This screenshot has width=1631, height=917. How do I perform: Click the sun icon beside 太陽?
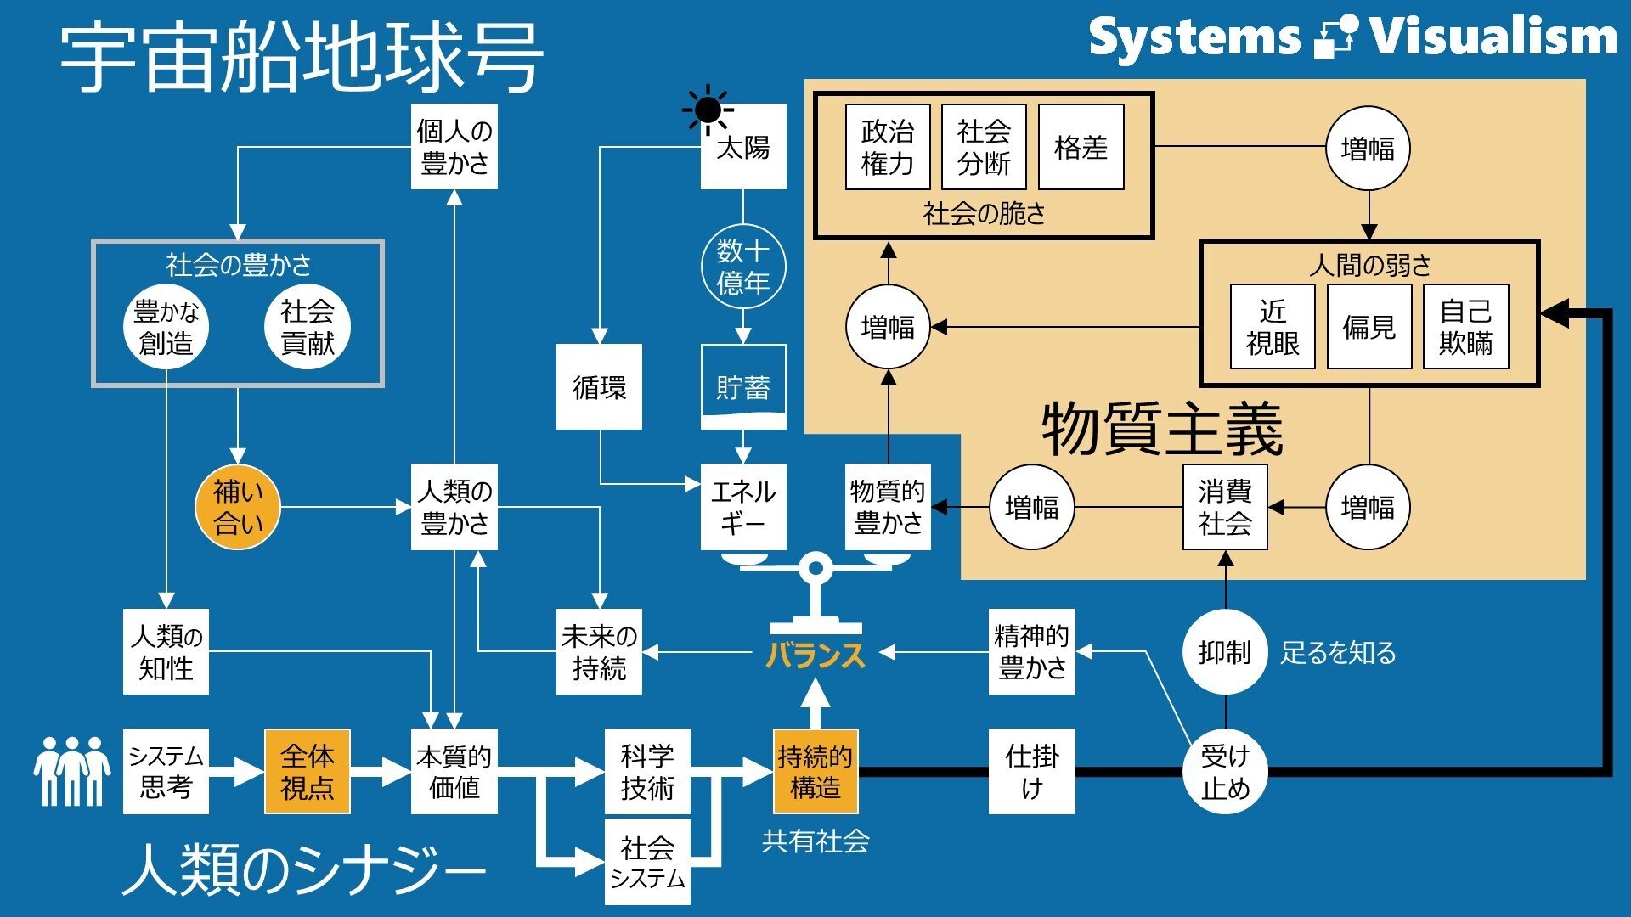tap(708, 110)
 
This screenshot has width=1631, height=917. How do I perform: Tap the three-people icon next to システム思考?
tap(72, 771)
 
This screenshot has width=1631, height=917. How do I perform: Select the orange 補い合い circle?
tap(238, 507)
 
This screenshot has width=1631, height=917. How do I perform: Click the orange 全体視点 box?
tap(308, 771)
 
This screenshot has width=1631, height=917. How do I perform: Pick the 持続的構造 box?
tap(815, 771)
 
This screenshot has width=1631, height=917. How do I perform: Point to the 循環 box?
tap(599, 387)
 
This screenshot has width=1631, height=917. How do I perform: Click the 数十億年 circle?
tap(743, 267)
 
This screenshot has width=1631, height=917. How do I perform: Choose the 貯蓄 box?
tap(743, 387)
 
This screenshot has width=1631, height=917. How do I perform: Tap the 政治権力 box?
tap(888, 147)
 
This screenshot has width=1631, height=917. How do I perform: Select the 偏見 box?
tap(1369, 327)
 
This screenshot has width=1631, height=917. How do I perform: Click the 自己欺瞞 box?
tap(1465, 327)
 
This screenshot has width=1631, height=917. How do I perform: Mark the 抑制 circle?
tap(1225, 652)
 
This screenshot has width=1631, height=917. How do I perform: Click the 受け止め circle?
tap(1225, 771)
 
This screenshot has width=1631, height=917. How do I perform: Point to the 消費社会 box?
tap(1225, 507)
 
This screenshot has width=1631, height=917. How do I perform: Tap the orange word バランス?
tap(815, 655)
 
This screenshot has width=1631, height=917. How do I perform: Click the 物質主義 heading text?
tap(1162, 430)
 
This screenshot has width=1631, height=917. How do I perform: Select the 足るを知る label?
tap(1338, 653)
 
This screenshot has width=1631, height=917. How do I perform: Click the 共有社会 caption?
tap(815, 841)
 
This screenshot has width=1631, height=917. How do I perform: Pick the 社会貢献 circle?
tap(308, 327)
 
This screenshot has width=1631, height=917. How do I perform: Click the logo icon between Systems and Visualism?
tap(1335, 38)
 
